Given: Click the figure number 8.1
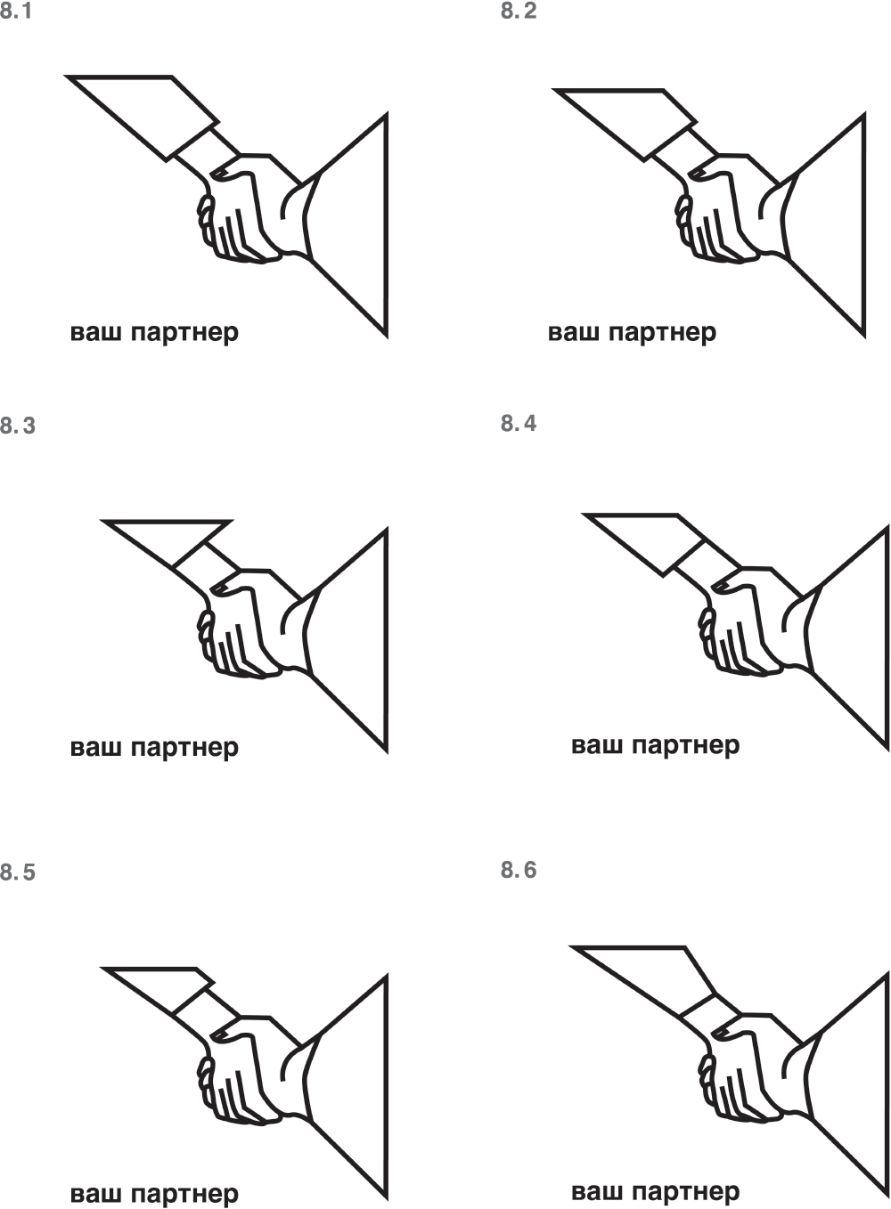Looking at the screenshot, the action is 16,11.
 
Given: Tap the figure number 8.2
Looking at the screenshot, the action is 519,11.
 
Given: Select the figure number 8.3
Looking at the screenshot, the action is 18,426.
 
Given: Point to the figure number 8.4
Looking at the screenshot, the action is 519,423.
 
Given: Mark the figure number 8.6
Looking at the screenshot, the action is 519,870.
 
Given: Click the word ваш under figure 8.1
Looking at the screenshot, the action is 95,332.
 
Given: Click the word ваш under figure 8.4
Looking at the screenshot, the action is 597,746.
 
